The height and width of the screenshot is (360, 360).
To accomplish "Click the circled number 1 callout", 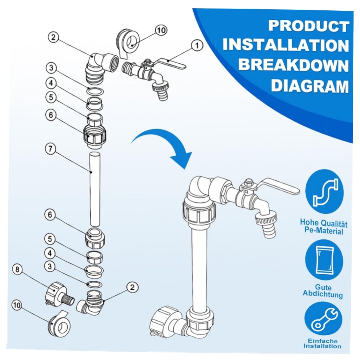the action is (x=197, y=46).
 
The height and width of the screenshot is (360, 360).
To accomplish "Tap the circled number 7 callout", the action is (x=50, y=149).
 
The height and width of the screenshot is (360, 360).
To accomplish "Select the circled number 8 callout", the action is (x=17, y=269).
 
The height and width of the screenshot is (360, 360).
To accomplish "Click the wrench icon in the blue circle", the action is (x=323, y=320).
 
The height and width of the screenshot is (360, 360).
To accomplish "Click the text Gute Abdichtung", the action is (x=323, y=291).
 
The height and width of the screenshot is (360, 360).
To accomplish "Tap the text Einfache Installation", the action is (x=322, y=343).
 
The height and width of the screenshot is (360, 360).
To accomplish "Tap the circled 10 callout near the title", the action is (x=161, y=30).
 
